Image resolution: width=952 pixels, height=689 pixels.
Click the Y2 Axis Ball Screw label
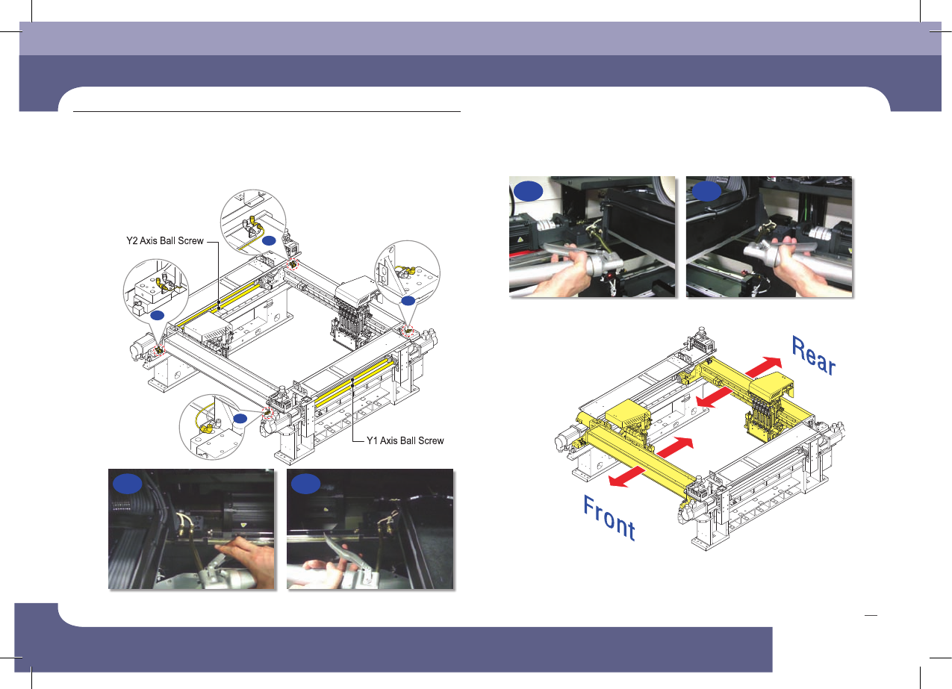165,240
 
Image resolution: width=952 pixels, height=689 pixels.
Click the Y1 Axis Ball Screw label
405,440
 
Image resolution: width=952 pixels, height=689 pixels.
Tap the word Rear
813,356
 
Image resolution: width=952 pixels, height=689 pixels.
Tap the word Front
609,518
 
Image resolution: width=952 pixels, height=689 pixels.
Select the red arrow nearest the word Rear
763,367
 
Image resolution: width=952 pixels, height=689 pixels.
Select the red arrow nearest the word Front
627,476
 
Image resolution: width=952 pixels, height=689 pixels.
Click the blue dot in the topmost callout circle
269,241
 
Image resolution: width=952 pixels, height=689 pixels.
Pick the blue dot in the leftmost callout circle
158,315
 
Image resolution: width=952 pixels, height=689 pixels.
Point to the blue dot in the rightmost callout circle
408,301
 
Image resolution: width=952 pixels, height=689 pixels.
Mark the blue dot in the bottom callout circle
240,419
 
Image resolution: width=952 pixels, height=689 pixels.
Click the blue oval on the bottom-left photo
127,484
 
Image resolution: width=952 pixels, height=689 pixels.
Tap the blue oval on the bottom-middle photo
305,484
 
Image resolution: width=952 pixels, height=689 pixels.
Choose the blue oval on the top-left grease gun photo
529,191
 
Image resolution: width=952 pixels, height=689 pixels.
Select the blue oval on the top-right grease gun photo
706,191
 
